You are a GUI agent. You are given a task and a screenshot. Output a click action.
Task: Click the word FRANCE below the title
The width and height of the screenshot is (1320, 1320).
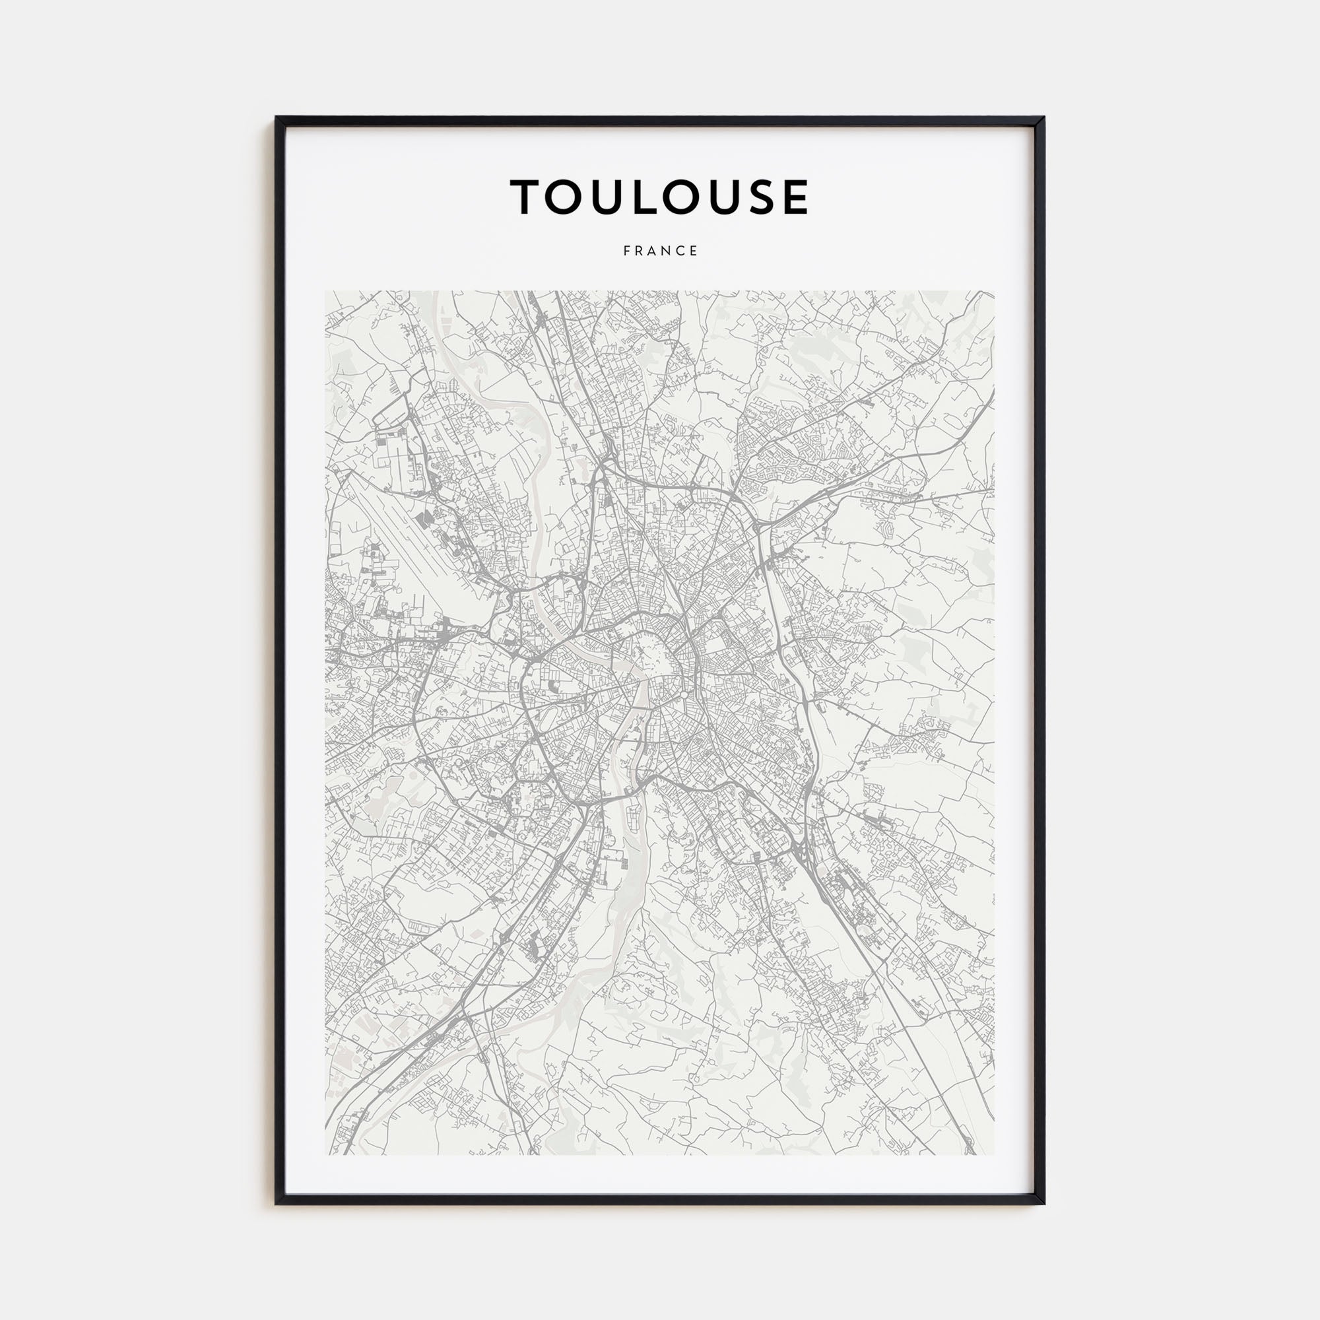(660, 251)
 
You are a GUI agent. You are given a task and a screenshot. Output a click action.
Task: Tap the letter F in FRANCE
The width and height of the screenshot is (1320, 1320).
(626, 251)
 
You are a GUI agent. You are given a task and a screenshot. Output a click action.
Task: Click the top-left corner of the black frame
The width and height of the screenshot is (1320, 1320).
(276, 117)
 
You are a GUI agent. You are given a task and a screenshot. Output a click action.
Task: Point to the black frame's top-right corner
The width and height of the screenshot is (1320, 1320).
(1044, 117)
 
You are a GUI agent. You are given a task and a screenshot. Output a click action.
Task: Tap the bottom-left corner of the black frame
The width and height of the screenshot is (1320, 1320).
(276, 1204)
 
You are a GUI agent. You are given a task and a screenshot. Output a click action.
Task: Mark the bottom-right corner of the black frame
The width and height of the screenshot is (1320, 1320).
(1044, 1204)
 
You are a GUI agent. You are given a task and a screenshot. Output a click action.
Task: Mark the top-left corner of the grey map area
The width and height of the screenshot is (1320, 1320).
(326, 292)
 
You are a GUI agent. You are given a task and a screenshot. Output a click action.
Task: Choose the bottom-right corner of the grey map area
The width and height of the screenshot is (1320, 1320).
(994, 1154)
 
